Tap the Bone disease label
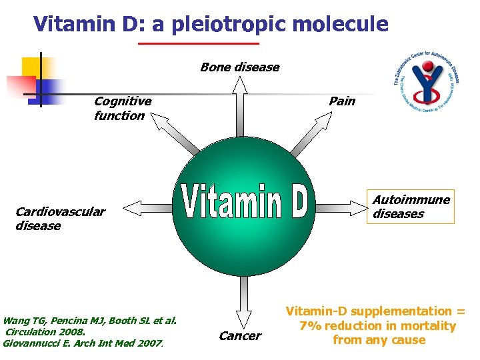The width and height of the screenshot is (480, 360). tap(239, 67)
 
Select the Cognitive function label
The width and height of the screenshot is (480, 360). tap(122, 108)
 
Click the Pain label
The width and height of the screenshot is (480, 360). tap(341, 101)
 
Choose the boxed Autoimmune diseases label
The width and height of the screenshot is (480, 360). tap(411, 207)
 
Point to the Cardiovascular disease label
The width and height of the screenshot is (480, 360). tap(60, 219)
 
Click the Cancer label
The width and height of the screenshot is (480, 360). tap(239, 336)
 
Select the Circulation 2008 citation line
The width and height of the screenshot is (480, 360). tap(45, 332)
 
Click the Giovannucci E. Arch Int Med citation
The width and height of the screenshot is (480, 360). tap(83, 343)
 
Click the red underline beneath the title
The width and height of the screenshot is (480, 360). tap(198, 44)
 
